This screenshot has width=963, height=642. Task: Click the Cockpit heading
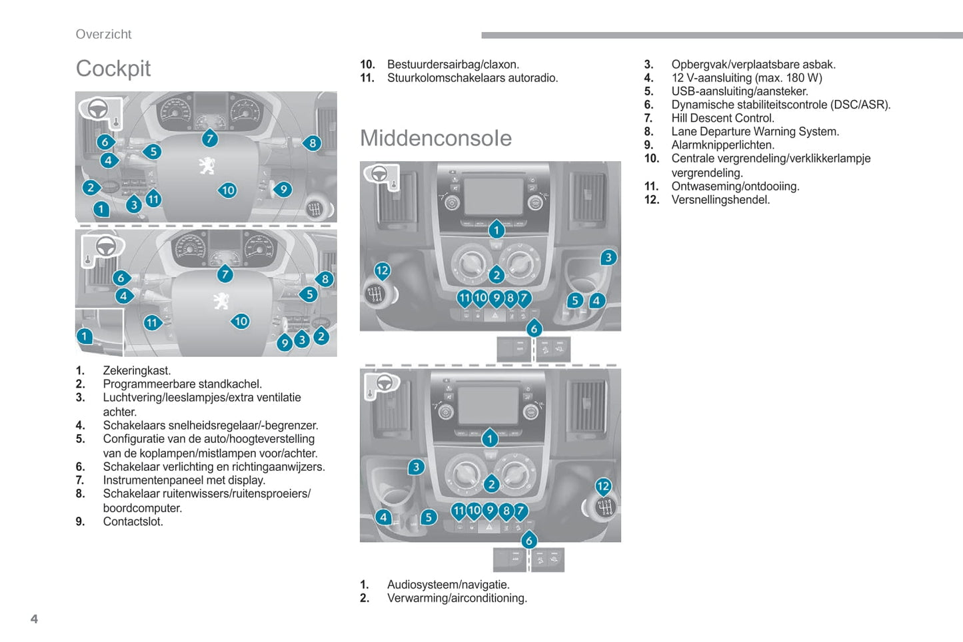tap(113, 69)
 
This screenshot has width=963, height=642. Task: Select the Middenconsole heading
tap(436, 138)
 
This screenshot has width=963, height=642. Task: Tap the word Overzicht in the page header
tap(103, 34)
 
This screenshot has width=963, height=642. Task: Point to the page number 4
tap(34, 619)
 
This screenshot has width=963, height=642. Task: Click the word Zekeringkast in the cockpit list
tap(137, 371)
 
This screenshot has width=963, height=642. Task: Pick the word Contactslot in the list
tap(133, 521)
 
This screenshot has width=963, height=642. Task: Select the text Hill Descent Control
tap(722, 119)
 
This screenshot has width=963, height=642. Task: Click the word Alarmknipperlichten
tap(722, 145)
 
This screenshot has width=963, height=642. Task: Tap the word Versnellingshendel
tap(720, 200)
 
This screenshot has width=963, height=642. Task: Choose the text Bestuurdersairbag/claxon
tap(453, 65)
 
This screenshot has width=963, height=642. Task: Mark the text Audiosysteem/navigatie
tap(449, 585)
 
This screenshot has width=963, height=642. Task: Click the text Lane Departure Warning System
tap(755, 132)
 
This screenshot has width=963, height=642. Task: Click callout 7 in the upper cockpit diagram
tap(210, 139)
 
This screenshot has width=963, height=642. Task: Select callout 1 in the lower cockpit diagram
tap(85, 336)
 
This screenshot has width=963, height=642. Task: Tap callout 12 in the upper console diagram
tap(382, 270)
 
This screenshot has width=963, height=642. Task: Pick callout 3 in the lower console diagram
tap(417, 467)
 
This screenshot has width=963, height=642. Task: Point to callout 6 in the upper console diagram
tap(534, 328)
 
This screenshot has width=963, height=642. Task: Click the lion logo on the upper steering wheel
tap(207, 165)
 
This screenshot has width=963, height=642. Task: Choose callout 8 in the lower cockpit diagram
tap(325, 279)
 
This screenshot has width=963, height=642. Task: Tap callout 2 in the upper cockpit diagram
tap(91, 188)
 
